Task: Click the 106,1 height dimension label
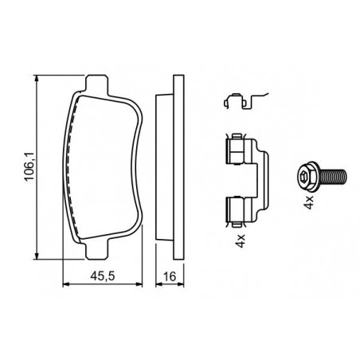tap(29, 166)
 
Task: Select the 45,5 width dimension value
tap(103, 276)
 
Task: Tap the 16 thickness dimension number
tap(170, 276)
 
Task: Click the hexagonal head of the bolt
tap(307, 176)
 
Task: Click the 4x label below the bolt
tap(309, 202)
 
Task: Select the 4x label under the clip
tap(241, 241)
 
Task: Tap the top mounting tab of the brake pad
tap(97, 84)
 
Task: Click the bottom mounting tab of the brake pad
tap(97, 250)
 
